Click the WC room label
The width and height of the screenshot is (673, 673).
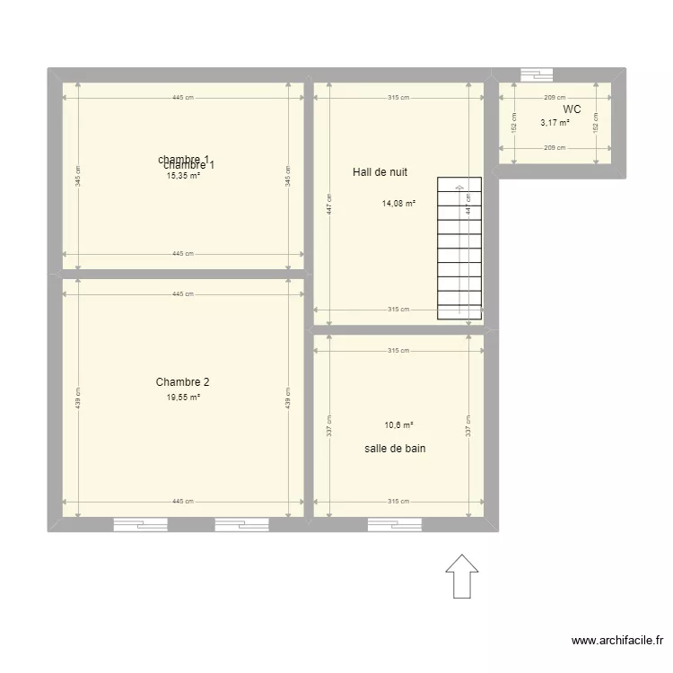click(x=572, y=109)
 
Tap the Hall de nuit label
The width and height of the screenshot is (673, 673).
click(x=380, y=171)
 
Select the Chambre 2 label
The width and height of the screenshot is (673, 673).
click(x=182, y=381)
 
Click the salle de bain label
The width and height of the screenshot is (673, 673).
click(x=395, y=447)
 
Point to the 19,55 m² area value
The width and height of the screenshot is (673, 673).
click(x=183, y=397)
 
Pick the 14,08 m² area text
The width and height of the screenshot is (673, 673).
click(x=398, y=204)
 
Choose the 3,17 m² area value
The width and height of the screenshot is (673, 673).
click(x=555, y=123)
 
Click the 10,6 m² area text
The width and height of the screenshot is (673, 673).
click(x=398, y=425)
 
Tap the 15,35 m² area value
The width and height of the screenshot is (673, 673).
click(x=183, y=176)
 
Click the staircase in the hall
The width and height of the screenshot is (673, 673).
click(x=459, y=249)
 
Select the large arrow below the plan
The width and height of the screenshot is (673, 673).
click(x=462, y=575)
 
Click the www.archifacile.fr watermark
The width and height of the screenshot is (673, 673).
click(x=617, y=641)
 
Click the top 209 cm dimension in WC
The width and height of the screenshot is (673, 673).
click(x=555, y=98)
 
